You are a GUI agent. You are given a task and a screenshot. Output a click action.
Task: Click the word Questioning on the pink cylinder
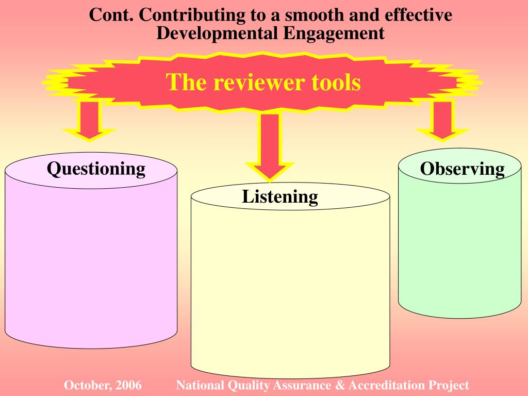click(x=96, y=169)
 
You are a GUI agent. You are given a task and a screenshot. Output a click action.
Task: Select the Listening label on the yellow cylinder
click(x=280, y=196)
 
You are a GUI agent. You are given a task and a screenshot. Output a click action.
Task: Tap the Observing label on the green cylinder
click(x=462, y=169)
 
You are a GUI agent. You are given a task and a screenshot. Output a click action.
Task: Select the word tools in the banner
click(x=336, y=82)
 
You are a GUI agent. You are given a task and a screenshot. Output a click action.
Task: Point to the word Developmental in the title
click(x=217, y=34)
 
